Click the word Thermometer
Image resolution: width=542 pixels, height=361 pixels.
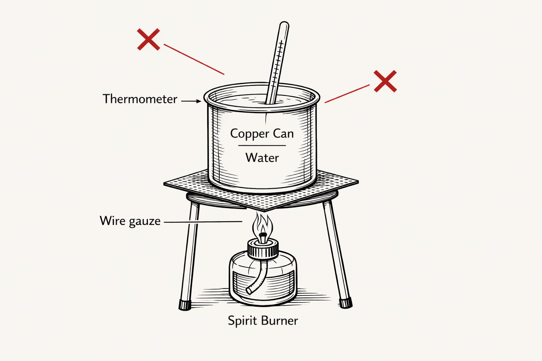pos(140,99)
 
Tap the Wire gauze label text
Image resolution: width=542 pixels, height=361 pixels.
pos(130,221)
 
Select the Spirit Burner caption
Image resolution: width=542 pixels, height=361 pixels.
pos(263,320)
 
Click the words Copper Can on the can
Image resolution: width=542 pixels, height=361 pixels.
pos(262,134)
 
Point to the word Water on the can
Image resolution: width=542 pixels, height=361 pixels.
pos(262,158)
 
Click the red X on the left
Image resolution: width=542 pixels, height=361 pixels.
pos(149,39)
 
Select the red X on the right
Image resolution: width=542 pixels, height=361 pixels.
pos(385,81)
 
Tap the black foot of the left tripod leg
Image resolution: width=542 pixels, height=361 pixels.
pos(185,305)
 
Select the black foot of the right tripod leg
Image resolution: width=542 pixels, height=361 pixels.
pos(346,302)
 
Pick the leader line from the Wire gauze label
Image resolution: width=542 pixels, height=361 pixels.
pos(203,222)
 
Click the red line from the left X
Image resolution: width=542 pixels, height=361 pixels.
pos(194,60)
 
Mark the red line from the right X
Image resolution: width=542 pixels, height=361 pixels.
pos(347,94)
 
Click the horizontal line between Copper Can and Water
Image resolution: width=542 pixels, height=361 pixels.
pos(262,145)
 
